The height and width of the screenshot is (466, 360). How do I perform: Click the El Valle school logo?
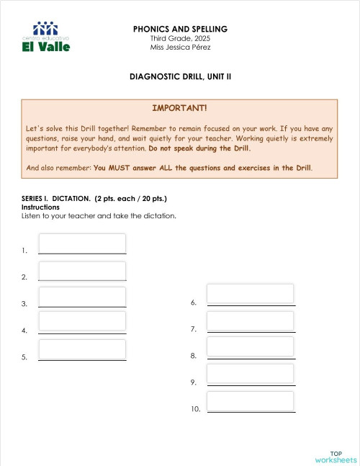(x=47, y=37)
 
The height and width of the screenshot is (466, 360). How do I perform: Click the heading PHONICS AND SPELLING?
(x=180, y=29)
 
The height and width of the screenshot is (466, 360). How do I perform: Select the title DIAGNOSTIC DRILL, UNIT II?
(x=180, y=76)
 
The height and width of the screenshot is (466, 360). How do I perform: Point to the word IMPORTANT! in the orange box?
(x=179, y=108)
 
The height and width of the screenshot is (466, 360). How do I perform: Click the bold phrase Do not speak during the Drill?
(x=199, y=148)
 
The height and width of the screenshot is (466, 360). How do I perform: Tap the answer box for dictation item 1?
(x=82, y=243)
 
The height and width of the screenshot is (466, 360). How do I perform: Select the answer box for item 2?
(x=82, y=270)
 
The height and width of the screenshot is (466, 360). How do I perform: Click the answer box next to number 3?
(x=82, y=297)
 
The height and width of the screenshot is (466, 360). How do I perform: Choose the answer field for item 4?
(x=82, y=321)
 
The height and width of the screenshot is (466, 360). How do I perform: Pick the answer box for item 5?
(x=82, y=349)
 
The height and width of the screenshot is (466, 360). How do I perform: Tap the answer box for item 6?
(x=251, y=294)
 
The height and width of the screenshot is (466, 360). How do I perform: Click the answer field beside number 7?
(x=251, y=321)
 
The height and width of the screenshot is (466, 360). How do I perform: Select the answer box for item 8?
(x=251, y=346)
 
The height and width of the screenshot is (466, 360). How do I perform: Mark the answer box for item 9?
(x=251, y=373)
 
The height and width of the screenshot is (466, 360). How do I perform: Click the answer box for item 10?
(x=251, y=401)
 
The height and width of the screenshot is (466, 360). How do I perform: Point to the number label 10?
(x=195, y=409)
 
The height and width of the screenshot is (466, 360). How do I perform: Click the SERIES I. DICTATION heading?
(x=94, y=199)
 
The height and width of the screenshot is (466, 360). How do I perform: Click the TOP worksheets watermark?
(x=336, y=457)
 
